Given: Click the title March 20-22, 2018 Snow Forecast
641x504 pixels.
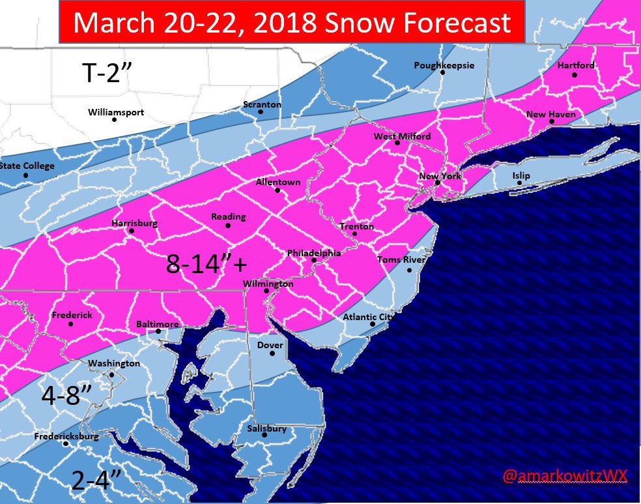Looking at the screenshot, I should point(292,23).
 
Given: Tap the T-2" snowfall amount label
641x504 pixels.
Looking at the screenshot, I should point(107,73).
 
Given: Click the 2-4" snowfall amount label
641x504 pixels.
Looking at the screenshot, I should point(96,481).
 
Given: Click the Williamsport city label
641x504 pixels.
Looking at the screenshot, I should point(116,113).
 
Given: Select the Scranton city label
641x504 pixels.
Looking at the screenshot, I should point(262,104).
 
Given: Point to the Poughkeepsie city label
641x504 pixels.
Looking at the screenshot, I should point(444,65).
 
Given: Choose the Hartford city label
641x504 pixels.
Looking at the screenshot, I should point(576,66).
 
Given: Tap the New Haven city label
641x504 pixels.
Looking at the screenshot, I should point(550,115).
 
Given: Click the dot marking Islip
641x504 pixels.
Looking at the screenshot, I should point(519,183).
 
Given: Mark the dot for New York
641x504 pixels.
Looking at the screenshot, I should point(438,183).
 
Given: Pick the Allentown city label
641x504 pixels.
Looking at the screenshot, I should point(278,182).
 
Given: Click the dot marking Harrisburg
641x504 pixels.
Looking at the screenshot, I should point(132,231).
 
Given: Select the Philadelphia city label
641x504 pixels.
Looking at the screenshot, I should point(314,253).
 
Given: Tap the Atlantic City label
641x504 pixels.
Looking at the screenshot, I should point(368,317).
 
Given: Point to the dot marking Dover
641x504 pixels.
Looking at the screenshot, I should point(273,354).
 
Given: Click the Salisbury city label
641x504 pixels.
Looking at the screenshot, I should point(266,428).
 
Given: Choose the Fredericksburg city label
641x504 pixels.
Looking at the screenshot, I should point(66,436).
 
